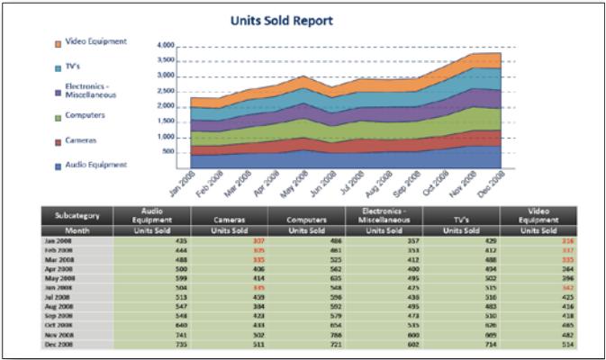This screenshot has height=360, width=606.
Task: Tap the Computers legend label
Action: pos(86,115)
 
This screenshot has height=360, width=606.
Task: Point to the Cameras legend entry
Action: pos(81,140)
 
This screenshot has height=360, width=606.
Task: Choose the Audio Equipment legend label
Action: pos(96,165)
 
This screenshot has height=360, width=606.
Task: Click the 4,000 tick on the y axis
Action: pos(165,44)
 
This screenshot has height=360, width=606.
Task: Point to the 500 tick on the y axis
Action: pos(168,151)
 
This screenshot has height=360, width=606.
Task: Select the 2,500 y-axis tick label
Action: pos(165,91)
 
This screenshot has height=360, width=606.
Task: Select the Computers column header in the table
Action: pos(306,219)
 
